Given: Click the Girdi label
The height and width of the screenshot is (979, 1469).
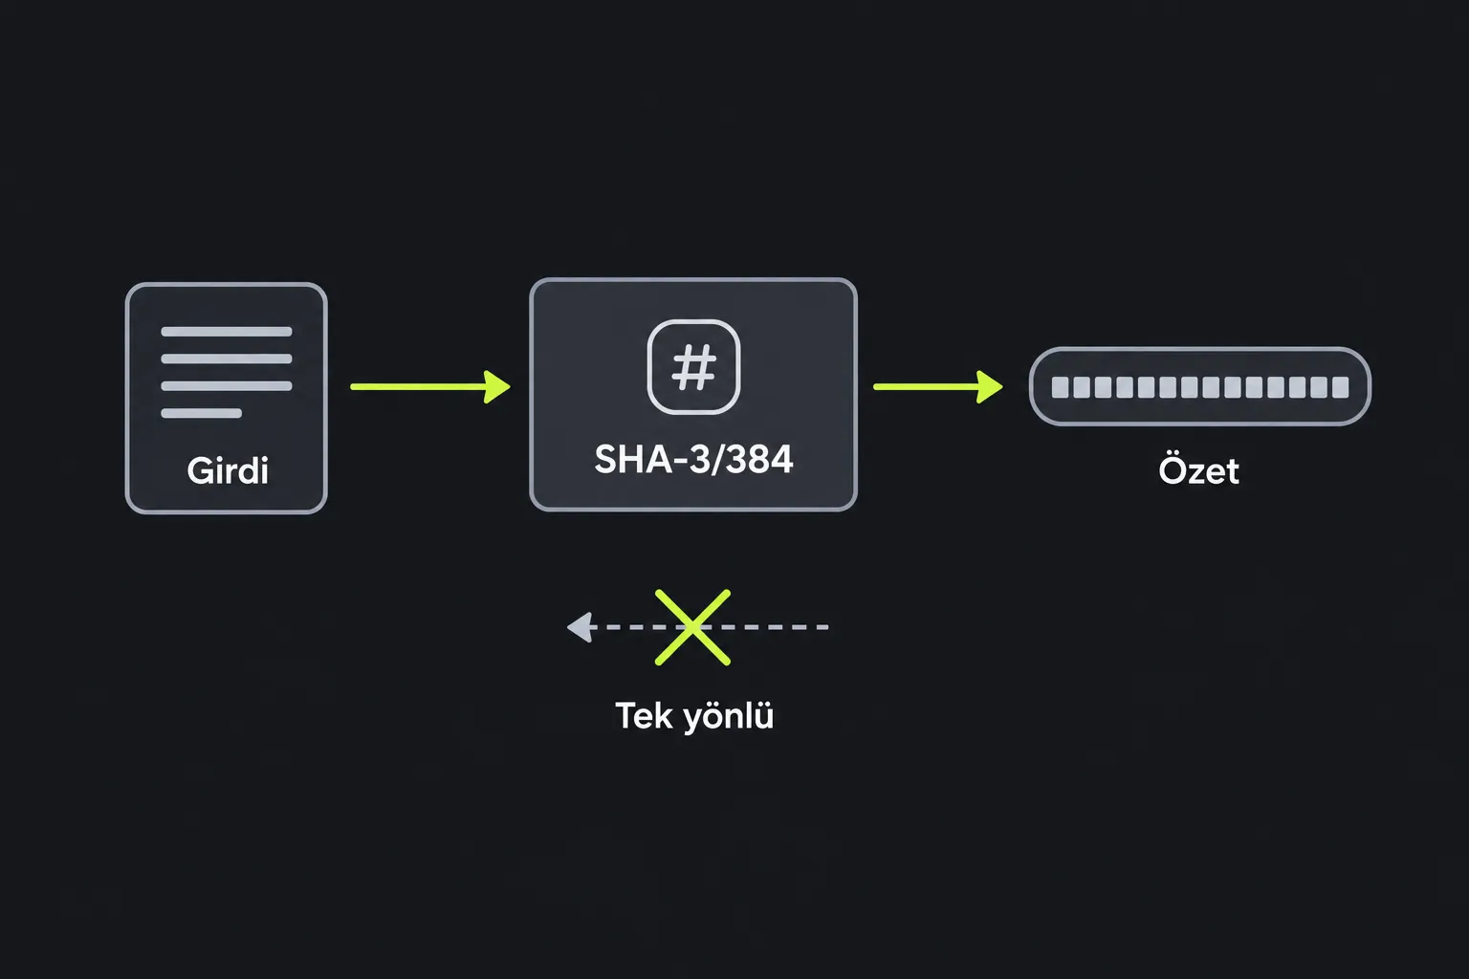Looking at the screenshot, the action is pyautogui.click(x=228, y=470).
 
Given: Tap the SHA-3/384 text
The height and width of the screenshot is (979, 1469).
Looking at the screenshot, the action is pyautogui.click(x=693, y=459).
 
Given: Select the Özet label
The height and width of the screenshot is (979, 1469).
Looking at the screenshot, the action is pyautogui.click(x=1198, y=469).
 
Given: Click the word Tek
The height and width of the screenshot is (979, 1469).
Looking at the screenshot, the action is pyautogui.click(x=644, y=715).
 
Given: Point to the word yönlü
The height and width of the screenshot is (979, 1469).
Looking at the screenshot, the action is pyautogui.click(x=729, y=715).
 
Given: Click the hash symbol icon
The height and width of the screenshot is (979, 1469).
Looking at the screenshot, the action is pyautogui.click(x=693, y=367).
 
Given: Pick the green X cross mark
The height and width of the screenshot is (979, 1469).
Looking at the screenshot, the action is pyautogui.click(x=692, y=627).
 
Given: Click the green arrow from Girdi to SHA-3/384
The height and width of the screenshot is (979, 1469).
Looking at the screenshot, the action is pyautogui.click(x=430, y=387).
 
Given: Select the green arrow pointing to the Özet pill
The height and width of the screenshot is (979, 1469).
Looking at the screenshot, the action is pyautogui.click(x=938, y=387).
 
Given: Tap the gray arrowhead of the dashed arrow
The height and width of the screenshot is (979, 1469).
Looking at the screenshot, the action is pyautogui.click(x=581, y=627).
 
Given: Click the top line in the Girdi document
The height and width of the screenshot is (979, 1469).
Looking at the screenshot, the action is pyautogui.click(x=227, y=331).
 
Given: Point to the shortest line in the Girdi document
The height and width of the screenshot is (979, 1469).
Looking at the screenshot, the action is pyautogui.click(x=202, y=413).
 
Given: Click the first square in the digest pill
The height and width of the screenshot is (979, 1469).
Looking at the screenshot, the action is pyautogui.click(x=1060, y=387).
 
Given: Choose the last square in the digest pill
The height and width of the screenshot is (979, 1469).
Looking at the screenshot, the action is pyautogui.click(x=1341, y=387).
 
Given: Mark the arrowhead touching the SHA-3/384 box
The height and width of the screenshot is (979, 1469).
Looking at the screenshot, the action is pyautogui.click(x=497, y=387).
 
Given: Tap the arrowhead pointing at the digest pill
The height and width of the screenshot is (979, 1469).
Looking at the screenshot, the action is pyautogui.click(x=990, y=387).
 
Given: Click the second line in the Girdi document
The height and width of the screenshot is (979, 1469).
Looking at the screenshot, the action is pyautogui.click(x=227, y=359).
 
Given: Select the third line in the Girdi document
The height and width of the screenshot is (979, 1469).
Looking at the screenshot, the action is pyautogui.click(x=227, y=385).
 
